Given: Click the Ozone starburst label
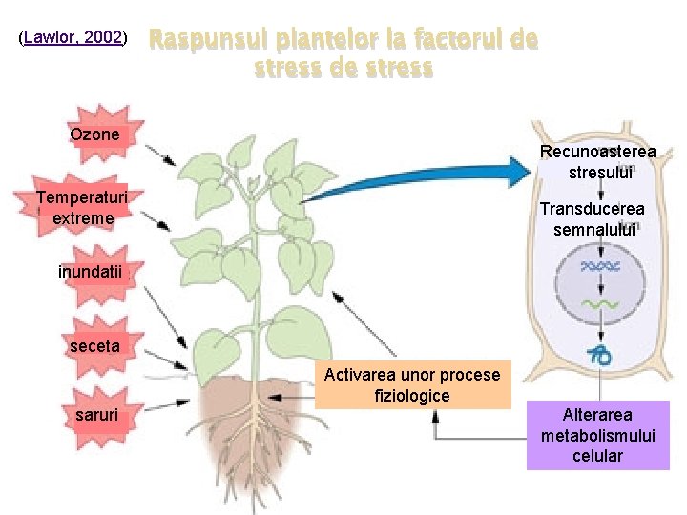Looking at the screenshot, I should point(95,134).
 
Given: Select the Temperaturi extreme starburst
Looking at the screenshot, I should point(83,208).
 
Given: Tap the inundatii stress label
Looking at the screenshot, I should point(91,272).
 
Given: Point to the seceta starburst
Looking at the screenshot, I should point(94,346).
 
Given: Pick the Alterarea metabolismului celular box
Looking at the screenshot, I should point(598,435).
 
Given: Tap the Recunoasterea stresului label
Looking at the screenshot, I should point(598,162).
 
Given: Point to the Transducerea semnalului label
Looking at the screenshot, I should point(593,218).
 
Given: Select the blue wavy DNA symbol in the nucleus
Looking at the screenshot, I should point(601,267).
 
